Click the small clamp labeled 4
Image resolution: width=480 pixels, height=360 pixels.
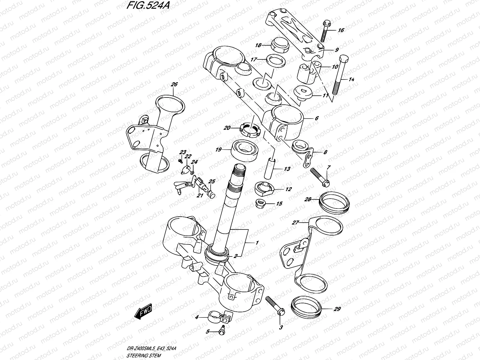pyautogui.click(x=220, y=316)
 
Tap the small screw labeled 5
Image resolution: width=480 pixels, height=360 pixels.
pyautogui.click(x=222, y=330)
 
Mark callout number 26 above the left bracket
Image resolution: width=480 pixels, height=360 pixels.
pyautogui.click(x=174, y=85)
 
